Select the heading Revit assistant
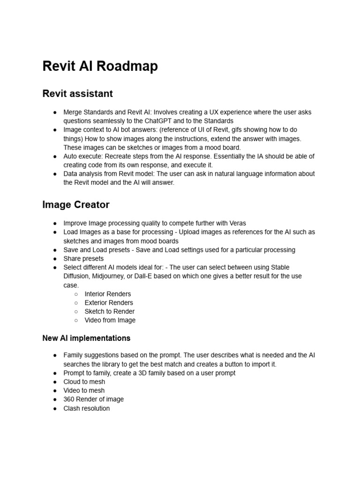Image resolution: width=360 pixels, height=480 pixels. click(x=77, y=94)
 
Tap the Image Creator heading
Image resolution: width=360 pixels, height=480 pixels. click(x=75, y=205)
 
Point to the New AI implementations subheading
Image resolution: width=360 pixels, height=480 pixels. click(x=86, y=338)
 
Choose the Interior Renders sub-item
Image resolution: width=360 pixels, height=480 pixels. click(x=107, y=294)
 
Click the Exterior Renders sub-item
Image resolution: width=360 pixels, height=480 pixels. click(x=109, y=303)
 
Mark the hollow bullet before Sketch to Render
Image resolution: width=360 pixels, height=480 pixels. click(x=76, y=312)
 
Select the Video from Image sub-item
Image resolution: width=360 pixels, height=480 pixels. click(x=110, y=321)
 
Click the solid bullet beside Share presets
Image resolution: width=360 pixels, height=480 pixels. click(x=55, y=259)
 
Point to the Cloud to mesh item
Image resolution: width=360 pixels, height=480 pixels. click(x=84, y=382)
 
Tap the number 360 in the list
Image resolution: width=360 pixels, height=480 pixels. click(x=69, y=399)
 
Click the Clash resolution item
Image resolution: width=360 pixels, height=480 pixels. click(x=86, y=408)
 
